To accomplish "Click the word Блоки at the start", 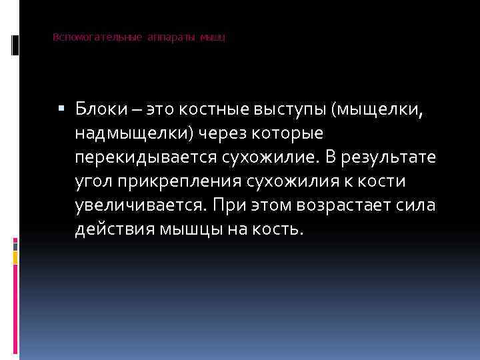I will coord(97,109).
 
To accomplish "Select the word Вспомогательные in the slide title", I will coord(97,37).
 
